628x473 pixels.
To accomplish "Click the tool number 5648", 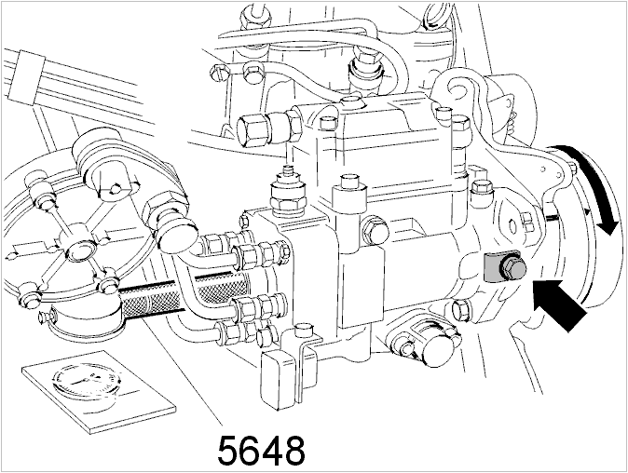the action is click(x=261, y=451).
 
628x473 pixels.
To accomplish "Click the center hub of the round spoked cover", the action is click(x=79, y=250).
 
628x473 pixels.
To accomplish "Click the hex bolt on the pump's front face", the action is click(x=375, y=228).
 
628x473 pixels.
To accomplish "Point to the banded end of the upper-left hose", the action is click(x=27, y=76).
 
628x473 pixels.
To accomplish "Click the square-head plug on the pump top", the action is click(x=348, y=188).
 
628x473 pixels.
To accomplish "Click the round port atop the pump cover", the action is click(x=351, y=101).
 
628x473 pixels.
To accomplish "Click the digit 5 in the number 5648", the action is click(x=228, y=451).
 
